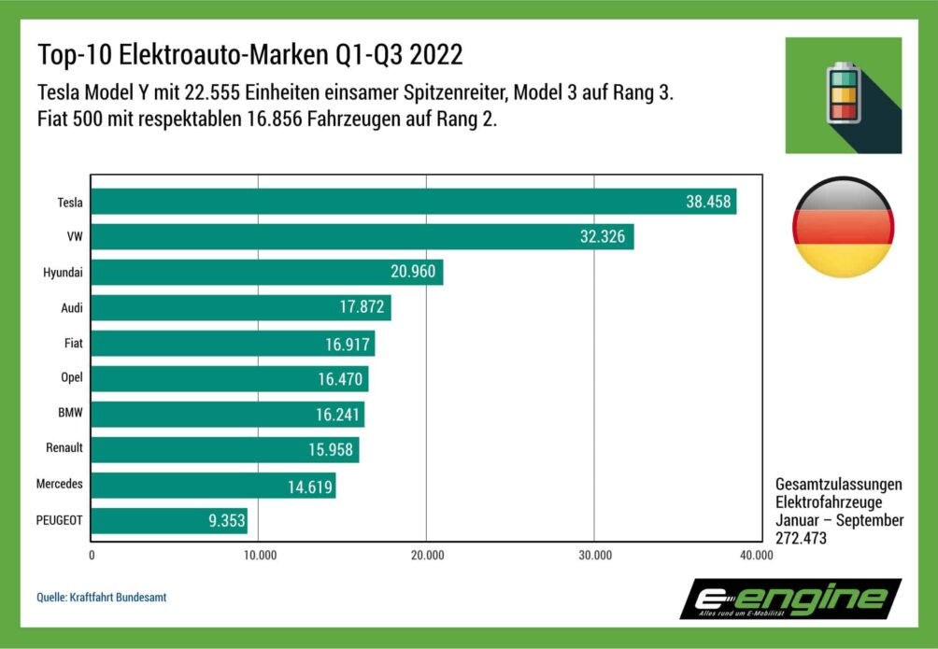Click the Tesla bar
point(413,202)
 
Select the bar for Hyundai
point(266,273)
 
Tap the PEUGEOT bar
point(169,521)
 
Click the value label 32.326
point(603,237)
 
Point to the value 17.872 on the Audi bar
point(362,308)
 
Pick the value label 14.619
point(307,486)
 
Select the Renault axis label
point(64,448)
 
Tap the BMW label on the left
point(69,414)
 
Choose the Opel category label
point(69,378)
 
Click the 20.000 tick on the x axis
point(427,557)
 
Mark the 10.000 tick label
point(260,557)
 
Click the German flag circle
point(843,228)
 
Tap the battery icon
point(843,94)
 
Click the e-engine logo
point(789,599)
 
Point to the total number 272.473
point(801,538)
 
